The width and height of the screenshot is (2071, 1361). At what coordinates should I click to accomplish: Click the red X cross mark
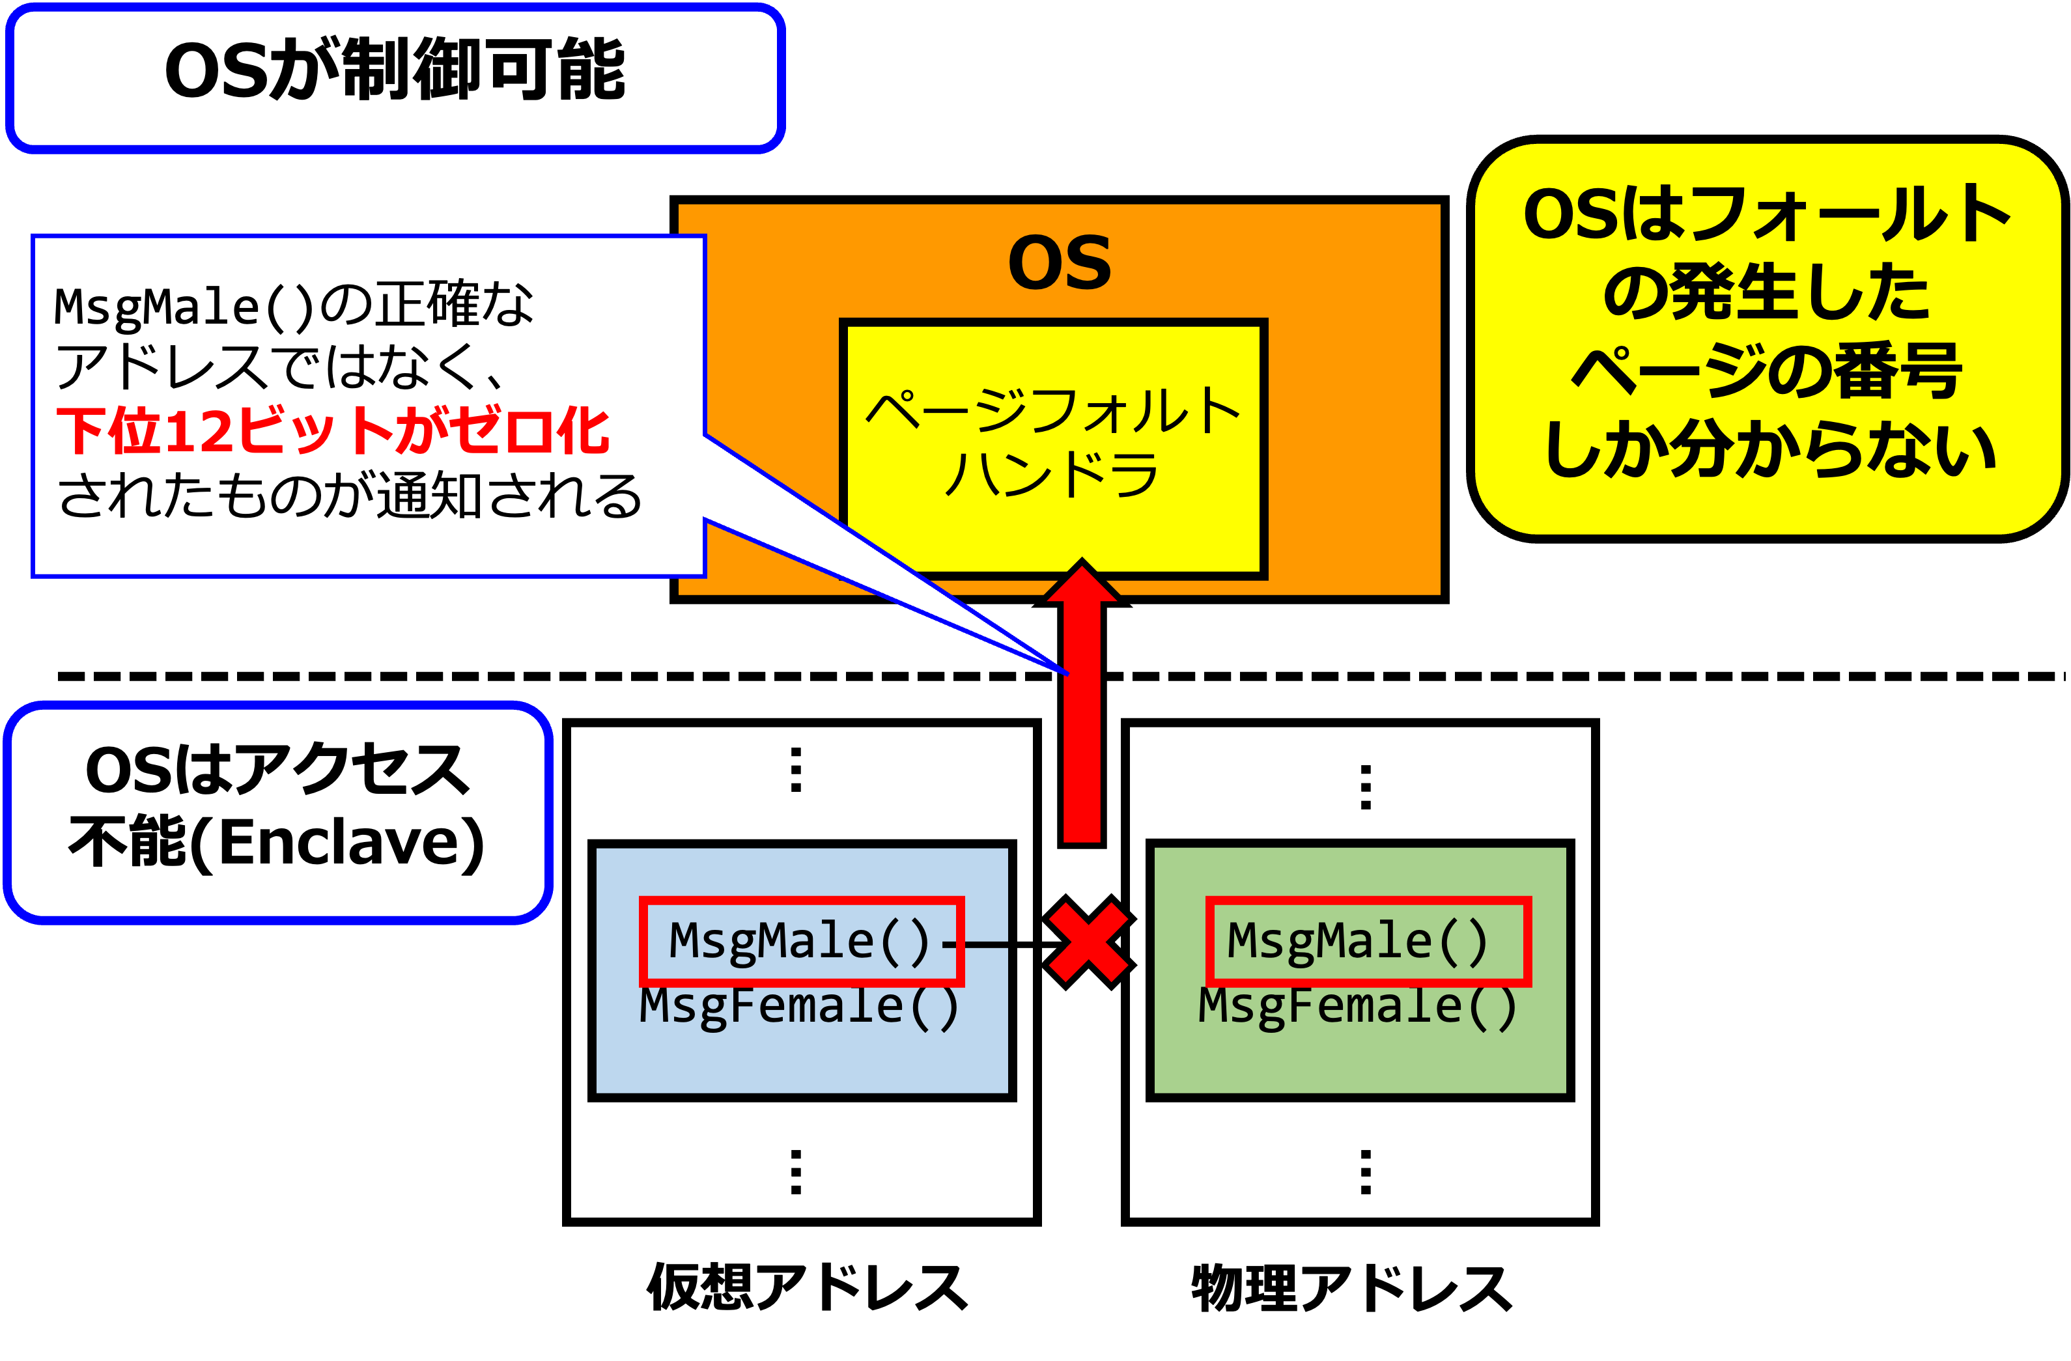click(1089, 942)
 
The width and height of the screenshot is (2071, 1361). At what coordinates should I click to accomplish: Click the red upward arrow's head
click(1082, 582)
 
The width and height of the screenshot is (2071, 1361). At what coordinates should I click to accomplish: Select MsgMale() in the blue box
click(800, 941)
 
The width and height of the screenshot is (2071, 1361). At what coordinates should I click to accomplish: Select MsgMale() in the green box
click(1357, 941)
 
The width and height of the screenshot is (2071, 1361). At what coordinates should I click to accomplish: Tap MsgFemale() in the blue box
click(800, 1006)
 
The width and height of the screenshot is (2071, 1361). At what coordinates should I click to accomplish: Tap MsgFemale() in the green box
click(1357, 1006)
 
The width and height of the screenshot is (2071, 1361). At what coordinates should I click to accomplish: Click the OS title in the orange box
click(1059, 263)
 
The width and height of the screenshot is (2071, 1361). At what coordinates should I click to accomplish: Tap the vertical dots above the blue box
click(795, 769)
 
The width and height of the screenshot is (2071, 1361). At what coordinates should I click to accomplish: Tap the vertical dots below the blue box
click(795, 1172)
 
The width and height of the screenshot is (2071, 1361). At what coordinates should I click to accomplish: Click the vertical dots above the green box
click(1365, 787)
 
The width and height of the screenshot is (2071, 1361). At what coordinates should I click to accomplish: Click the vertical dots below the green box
click(1365, 1172)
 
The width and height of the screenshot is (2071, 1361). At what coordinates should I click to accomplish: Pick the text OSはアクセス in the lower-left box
click(277, 771)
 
